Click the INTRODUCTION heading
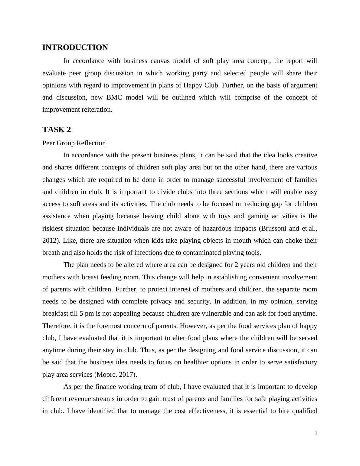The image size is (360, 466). [x=75, y=48]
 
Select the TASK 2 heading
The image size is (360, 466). [x=57, y=130]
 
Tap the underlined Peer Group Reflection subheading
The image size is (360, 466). [x=74, y=143]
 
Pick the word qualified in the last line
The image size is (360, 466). [x=305, y=411]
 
